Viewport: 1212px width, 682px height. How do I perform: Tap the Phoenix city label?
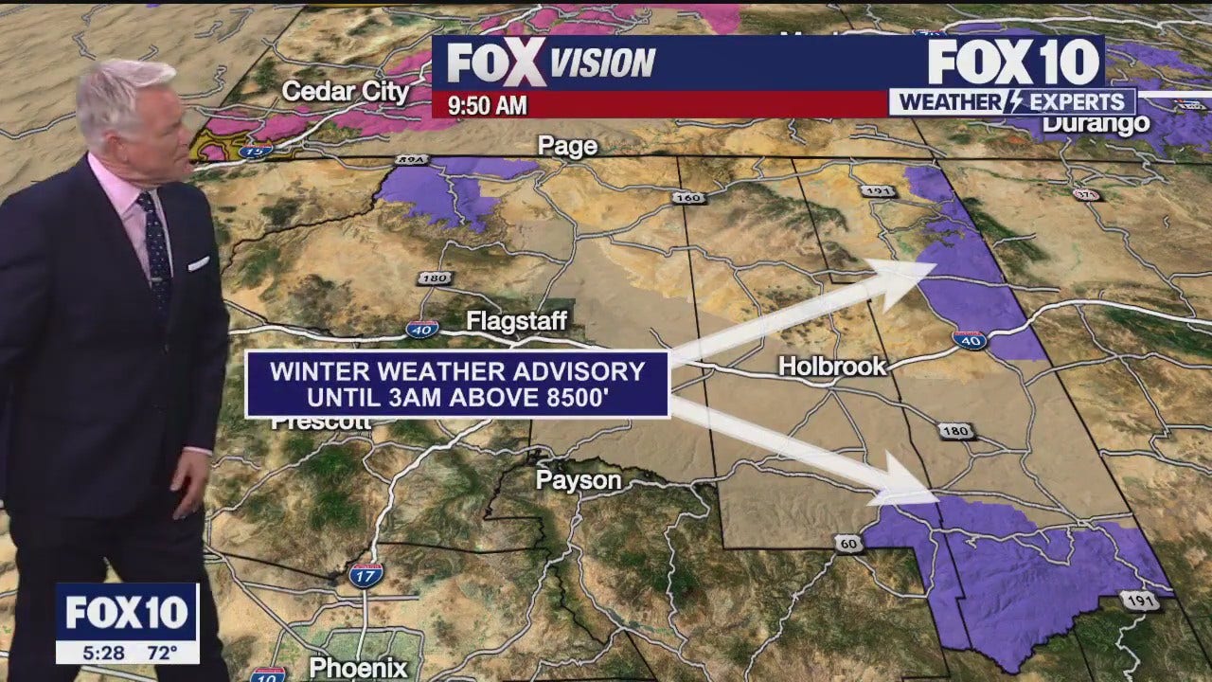click(359, 667)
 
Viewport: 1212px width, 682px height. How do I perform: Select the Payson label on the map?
click(579, 480)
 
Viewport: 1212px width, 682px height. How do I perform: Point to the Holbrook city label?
click(832, 366)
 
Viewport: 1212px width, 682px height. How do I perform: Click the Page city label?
click(567, 146)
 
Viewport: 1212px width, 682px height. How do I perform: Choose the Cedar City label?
click(346, 92)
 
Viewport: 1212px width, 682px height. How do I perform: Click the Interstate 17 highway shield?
click(365, 575)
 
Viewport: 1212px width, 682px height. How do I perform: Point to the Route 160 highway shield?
click(689, 198)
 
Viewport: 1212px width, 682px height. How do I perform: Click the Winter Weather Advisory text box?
click(457, 385)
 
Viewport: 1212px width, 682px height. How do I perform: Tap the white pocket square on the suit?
click(198, 263)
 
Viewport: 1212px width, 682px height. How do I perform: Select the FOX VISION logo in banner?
click(551, 63)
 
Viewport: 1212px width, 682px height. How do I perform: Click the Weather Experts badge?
click(1012, 102)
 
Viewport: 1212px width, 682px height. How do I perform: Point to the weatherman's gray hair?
click(123, 90)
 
